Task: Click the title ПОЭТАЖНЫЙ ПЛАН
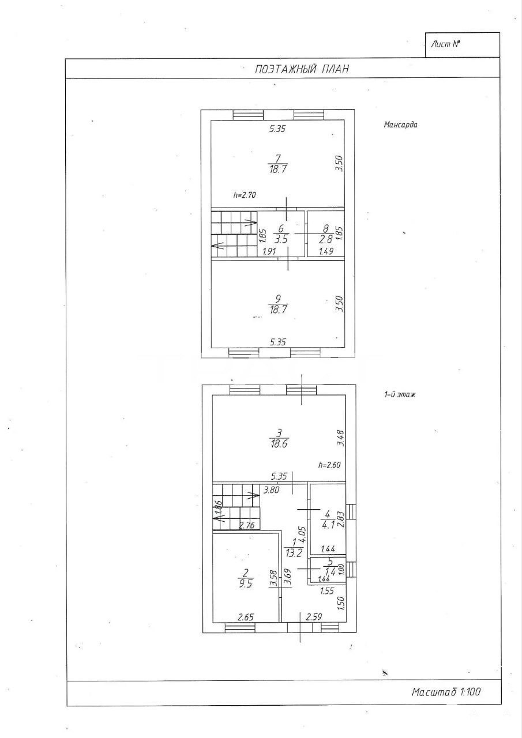click(x=302, y=69)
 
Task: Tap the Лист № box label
click(x=446, y=44)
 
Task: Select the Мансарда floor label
click(x=400, y=125)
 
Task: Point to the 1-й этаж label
click(x=399, y=394)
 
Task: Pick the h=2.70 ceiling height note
click(x=245, y=195)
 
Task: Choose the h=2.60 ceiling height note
click(x=329, y=465)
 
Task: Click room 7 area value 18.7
click(x=278, y=170)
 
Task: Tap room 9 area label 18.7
click(x=278, y=310)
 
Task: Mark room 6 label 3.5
click(x=281, y=239)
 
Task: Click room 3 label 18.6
click(x=279, y=444)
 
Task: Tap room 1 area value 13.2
click(x=294, y=553)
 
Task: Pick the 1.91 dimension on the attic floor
click(x=269, y=251)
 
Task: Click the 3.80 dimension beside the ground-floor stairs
click(x=272, y=490)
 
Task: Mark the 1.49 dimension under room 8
click(x=326, y=251)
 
